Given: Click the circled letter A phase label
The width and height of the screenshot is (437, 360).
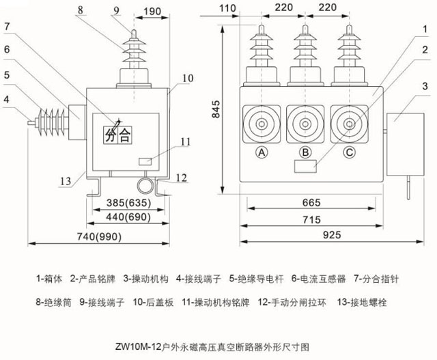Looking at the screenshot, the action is coord(262,152).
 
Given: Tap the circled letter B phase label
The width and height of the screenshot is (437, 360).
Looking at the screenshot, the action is coord(305,152).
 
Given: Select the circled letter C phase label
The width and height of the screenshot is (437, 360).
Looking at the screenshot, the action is coord(349,152).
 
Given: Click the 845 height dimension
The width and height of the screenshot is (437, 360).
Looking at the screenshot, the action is coord(216,109).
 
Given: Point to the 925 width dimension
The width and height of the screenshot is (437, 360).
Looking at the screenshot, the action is coord(332,235).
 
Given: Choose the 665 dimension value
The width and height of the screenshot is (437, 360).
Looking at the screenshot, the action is coord(311,202).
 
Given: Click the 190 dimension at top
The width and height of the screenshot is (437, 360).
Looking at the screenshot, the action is coord(152,12).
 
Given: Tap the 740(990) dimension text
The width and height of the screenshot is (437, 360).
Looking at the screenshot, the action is coord(99,237).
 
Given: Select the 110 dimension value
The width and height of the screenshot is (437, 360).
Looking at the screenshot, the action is coord(227,8).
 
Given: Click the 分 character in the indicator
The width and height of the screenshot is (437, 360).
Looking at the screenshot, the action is coord(111,135).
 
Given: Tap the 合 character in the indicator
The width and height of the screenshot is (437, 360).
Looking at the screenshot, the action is coord(125,135).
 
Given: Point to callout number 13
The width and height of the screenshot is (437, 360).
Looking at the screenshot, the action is coord(66,181).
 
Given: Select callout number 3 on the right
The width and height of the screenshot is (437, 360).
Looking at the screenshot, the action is coord(425,86).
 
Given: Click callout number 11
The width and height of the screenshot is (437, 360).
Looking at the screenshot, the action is coord(185,141).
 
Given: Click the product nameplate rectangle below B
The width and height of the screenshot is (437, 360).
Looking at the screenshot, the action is coord(305,166).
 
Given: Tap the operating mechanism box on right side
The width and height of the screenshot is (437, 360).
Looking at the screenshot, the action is coord(405,144).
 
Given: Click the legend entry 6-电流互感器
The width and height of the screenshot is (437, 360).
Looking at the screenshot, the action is coord(319,279).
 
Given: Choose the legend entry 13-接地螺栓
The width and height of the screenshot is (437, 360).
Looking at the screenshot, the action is coord(362,303).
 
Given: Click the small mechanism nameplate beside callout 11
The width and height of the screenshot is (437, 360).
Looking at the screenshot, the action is coord(145,161).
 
